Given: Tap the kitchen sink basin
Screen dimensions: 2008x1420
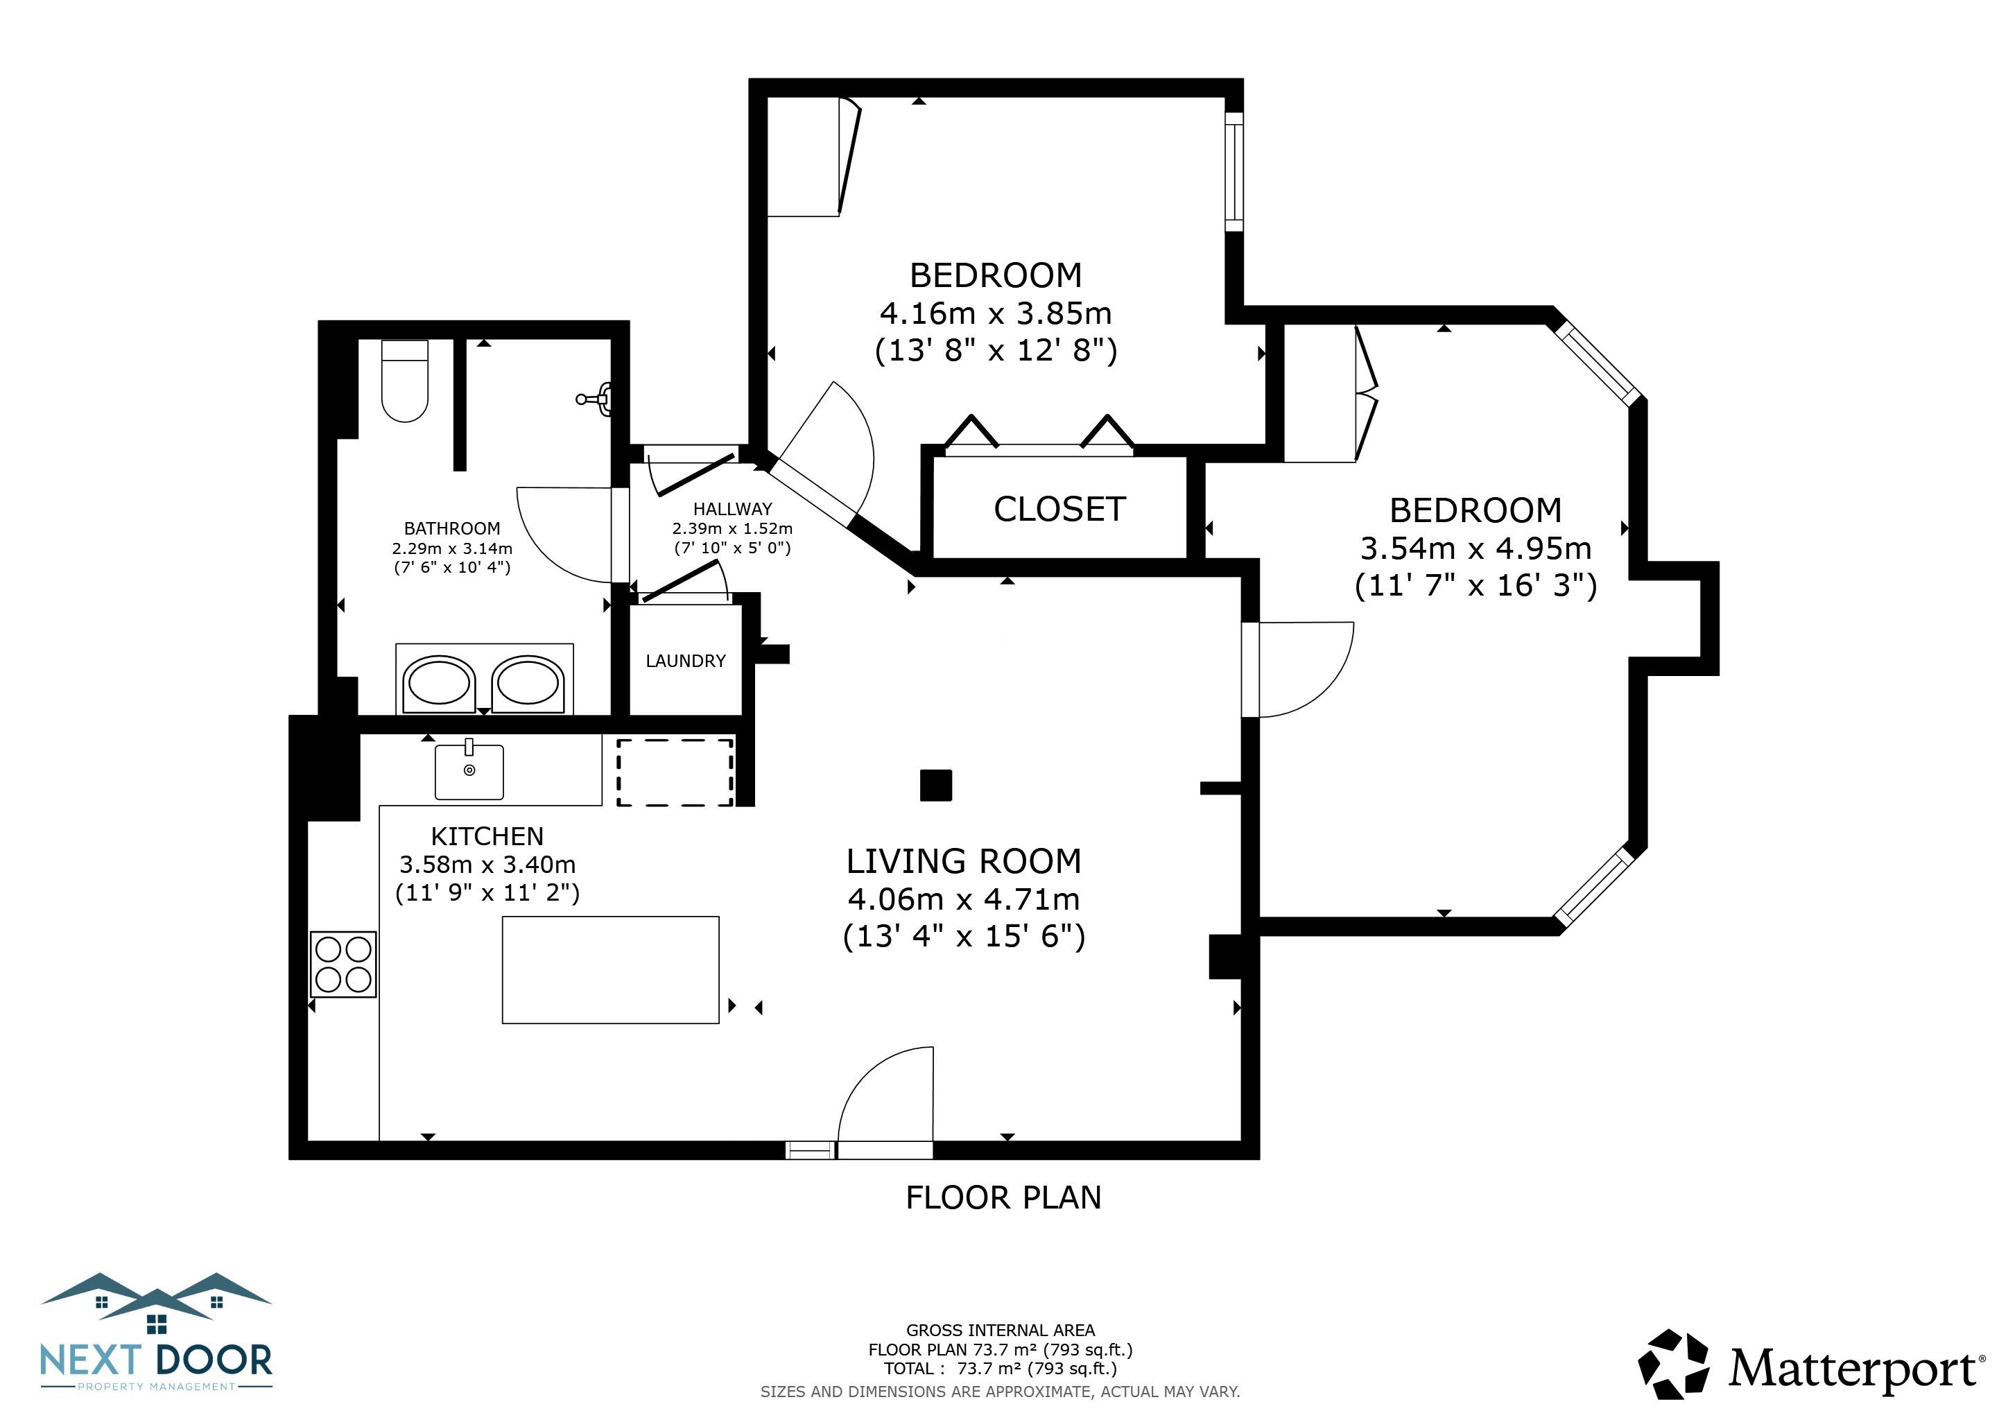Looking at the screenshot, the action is (469, 770).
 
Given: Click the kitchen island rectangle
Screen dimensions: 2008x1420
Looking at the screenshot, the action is (610, 970).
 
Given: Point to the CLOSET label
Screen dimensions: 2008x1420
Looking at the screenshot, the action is (1059, 509).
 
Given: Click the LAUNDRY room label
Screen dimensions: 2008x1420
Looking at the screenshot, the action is (686, 661).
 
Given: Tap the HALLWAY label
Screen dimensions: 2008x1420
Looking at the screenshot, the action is (733, 509).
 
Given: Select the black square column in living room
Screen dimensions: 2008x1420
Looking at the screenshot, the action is (936, 784).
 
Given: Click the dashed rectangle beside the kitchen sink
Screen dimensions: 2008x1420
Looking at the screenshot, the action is (675, 772).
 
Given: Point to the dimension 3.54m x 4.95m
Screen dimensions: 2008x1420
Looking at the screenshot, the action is (1475, 548).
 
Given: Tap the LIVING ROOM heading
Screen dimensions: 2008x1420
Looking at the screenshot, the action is (964, 861).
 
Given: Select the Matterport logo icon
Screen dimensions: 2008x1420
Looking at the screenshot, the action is (1673, 1364).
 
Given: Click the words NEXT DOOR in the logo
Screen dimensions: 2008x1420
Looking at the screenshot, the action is (157, 1360).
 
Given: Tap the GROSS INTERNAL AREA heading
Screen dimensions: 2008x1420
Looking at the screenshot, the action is (1001, 1330).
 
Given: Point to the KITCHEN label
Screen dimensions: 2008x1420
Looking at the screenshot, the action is (487, 836).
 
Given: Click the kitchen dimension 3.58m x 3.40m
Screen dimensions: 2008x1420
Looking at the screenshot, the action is (487, 865).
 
